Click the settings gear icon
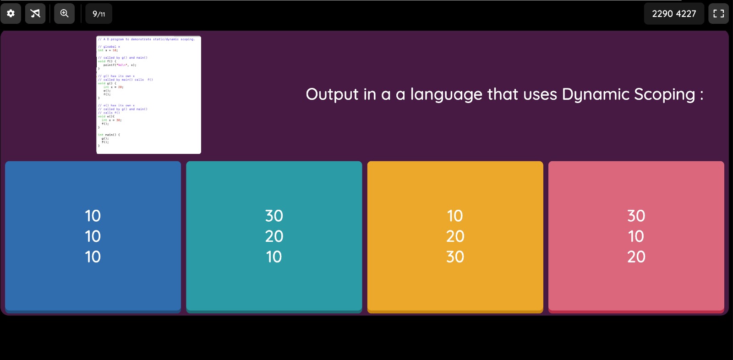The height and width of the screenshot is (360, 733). [x=11, y=14]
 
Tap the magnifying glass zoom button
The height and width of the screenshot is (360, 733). [x=65, y=14]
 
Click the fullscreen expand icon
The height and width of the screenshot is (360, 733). [x=718, y=14]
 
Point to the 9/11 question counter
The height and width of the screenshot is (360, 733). [x=99, y=14]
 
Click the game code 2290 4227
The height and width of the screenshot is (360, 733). [x=674, y=14]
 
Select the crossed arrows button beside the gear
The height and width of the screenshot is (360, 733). [x=35, y=14]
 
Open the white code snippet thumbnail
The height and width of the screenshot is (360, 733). [x=148, y=95]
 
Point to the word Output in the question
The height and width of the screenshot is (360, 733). [x=332, y=94]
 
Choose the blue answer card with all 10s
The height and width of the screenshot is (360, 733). [x=93, y=236]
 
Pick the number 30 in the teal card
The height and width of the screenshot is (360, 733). [x=274, y=216]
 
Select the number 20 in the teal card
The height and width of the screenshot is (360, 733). [x=274, y=236]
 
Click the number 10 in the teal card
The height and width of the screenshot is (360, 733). [x=274, y=257]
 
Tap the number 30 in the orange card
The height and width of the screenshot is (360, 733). [x=455, y=257]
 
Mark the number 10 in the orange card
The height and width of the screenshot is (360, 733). [x=455, y=216]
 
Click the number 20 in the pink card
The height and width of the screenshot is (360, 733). [x=636, y=257]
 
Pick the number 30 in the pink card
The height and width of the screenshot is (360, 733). [x=636, y=216]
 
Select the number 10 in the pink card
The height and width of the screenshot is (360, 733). [x=636, y=236]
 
